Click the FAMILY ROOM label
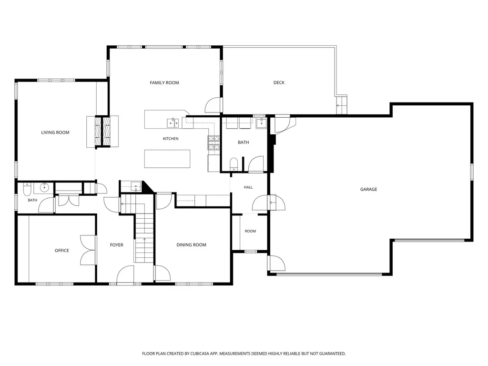pos(164,83)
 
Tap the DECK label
pos(279,82)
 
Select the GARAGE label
pos(368,189)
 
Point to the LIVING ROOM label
pos(55,132)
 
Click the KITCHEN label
pos(171,139)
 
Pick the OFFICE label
pos(62,251)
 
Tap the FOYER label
pos(117,245)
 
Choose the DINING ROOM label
pos(192,245)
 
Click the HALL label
pos(248,187)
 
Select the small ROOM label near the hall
pos(250,231)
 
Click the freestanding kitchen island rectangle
pos(167,159)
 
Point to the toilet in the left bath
pos(27,188)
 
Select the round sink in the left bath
pos(44,188)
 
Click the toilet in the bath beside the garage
pos(234,164)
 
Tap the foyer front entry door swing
pos(125,274)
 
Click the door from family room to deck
pos(213,105)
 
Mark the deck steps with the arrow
pos(342,105)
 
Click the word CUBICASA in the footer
pos(204,354)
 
